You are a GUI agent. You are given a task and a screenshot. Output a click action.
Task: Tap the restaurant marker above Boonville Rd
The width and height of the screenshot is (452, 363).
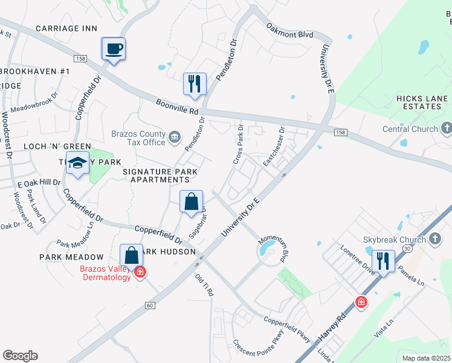pos(195,83)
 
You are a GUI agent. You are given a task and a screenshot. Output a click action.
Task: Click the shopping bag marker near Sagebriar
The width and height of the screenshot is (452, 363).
pos(191,202)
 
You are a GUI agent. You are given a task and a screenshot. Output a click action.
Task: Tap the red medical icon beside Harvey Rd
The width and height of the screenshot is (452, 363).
pos(361,302)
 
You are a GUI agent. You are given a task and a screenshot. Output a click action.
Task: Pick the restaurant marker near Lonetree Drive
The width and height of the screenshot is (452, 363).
pos(383,261)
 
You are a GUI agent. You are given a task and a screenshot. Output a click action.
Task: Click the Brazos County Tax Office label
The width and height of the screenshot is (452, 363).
pos(138,138)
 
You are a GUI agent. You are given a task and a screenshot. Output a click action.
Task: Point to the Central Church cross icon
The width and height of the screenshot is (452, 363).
pos(447,128)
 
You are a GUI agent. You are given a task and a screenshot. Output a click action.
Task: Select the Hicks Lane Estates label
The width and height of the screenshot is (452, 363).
pos(422,102)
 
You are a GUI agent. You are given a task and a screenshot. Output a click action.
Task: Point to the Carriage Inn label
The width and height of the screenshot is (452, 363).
pos(66,28)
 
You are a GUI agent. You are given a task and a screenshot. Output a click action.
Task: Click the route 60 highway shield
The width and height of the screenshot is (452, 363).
pos(149,306)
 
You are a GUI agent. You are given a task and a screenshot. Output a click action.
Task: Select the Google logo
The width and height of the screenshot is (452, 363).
pos(20,356)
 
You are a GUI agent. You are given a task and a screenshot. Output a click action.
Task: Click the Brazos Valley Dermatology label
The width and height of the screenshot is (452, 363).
pos(106,273)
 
